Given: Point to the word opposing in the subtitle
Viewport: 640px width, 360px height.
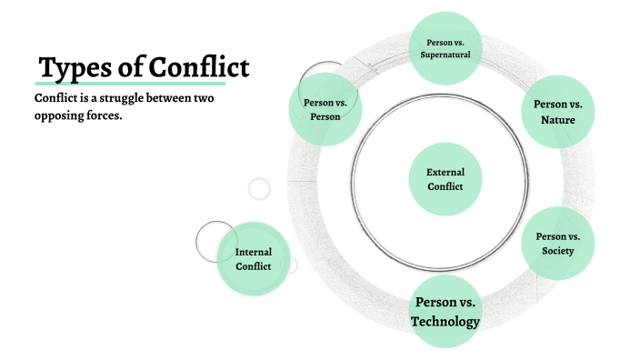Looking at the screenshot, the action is (65, 116).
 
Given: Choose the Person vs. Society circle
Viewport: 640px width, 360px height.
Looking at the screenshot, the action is (558, 244).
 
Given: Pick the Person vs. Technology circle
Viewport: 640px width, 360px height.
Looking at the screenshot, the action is (445, 311).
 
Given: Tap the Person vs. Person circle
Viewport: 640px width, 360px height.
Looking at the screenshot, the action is (325, 109).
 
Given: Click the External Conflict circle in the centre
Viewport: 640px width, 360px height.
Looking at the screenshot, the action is (445, 178).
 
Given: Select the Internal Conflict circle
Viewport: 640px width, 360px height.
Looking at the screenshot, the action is (254, 258).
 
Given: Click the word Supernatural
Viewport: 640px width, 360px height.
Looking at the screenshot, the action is (445, 55).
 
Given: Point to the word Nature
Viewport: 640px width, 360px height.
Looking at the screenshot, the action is (558, 119).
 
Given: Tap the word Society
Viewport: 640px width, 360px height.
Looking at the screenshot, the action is (557, 251).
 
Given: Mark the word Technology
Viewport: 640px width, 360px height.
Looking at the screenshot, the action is (445, 321).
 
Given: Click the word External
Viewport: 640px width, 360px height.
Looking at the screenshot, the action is (445, 171).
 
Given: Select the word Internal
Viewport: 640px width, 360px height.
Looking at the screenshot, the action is (254, 252).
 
